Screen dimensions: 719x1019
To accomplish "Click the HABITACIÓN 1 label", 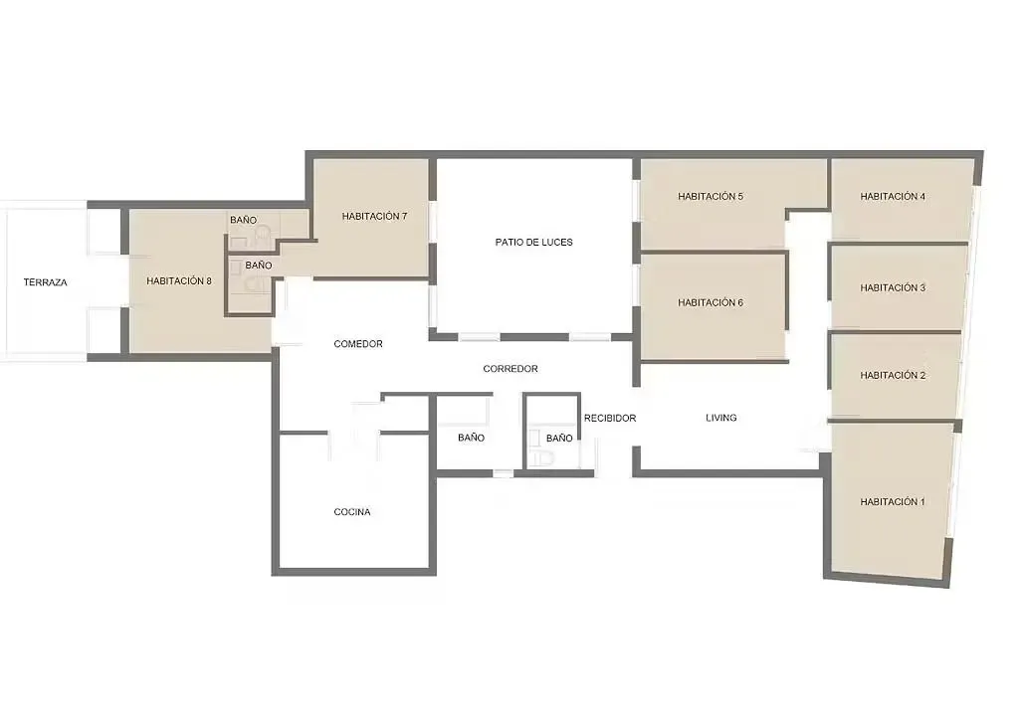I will point(893,502).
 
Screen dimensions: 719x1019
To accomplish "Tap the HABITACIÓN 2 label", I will point(893,376).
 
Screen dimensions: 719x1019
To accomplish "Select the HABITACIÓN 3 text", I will point(893,288).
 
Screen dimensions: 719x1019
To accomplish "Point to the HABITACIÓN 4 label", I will point(893,197).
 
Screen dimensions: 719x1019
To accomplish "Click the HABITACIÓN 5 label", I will point(711,197).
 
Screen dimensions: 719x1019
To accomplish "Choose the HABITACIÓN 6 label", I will point(711,303).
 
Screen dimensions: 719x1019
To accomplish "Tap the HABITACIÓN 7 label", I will point(374,217).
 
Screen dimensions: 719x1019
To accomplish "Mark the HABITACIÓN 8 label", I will point(179,281).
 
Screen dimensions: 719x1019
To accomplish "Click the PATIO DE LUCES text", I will point(534,243).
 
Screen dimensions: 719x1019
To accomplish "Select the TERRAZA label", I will point(46,282).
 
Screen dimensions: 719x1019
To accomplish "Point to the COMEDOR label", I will point(358,344).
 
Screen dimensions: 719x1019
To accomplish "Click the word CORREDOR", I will point(510,369).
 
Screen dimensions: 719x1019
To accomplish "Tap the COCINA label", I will point(352,513).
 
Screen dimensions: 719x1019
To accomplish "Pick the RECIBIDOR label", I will point(610,419).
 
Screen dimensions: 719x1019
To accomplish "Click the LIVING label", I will point(721,419).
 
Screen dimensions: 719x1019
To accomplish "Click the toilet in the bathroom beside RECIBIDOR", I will point(542,457).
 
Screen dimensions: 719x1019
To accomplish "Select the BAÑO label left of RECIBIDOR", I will point(559,438).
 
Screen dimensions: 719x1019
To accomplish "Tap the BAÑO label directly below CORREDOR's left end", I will point(472,438).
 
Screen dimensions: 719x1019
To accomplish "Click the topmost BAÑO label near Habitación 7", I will point(244,220).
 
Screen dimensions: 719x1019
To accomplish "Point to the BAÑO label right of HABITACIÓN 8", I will point(259,266).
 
